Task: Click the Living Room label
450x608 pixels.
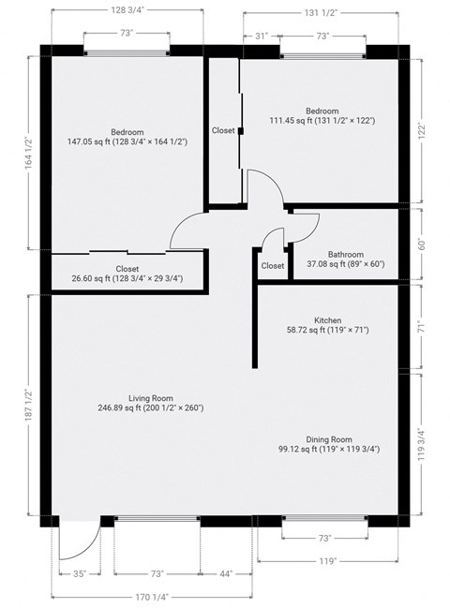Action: (150, 398)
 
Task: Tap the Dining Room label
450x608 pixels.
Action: (328, 439)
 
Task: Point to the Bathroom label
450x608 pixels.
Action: (346, 254)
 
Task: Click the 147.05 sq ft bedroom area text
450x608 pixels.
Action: (127, 142)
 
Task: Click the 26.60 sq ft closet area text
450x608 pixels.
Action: (127, 278)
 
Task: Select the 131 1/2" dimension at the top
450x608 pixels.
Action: (321, 12)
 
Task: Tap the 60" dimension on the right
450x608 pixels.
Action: (421, 244)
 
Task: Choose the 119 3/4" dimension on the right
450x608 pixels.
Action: (422, 444)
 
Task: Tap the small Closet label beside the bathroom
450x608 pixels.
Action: (273, 266)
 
